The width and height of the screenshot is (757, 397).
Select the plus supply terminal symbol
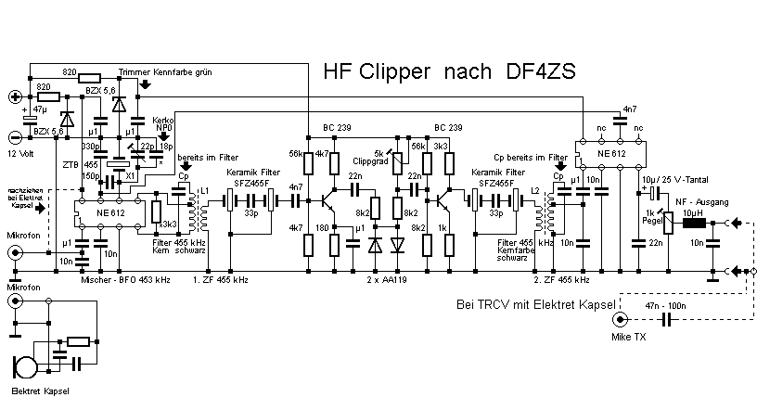point(15,96)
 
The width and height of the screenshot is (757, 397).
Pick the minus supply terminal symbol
point(15,135)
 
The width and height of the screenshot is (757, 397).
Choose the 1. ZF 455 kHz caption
point(220,277)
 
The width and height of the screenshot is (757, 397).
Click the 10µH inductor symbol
point(694,223)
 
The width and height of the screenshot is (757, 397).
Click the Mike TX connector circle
point(619,320)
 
